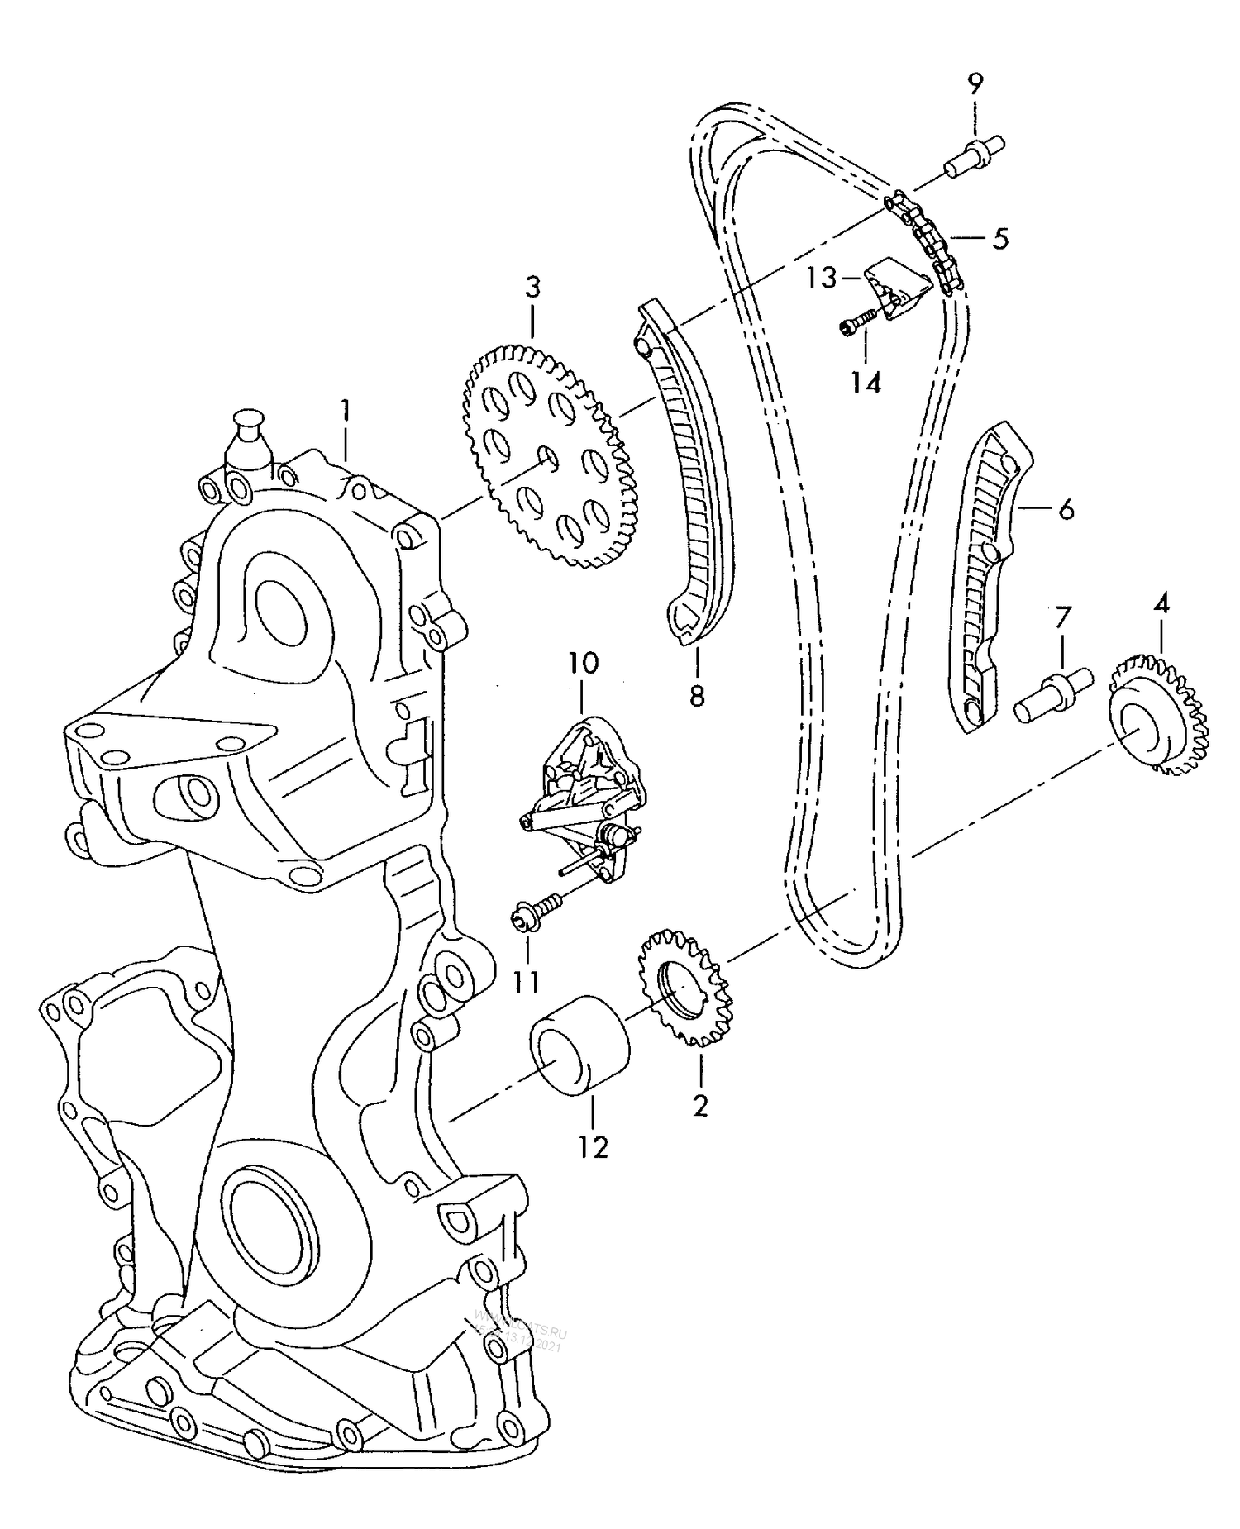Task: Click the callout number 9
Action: tap(975, 83)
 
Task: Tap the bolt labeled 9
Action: tap(975, 156)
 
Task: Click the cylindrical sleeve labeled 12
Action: tap(579, 1046)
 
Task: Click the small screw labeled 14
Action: tap(858, 322)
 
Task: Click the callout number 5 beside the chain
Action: tap(1000, 239)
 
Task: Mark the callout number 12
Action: tap(594, 1146)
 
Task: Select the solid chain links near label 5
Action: tap(923, 240)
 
